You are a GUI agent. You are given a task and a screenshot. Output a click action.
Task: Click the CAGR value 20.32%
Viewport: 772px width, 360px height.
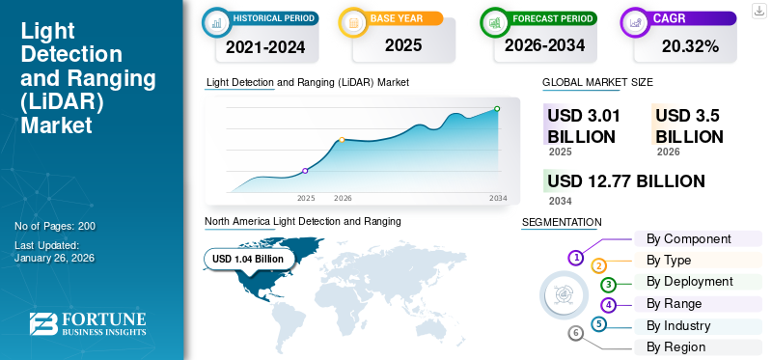691,45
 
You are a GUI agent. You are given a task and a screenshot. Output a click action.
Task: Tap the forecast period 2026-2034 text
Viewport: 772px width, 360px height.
544,45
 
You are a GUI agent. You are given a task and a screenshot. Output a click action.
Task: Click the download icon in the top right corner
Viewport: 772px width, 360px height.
758,11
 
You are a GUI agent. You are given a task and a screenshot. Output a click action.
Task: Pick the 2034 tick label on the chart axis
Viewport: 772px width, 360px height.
498,198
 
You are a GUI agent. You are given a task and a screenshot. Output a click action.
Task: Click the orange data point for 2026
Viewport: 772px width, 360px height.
342,140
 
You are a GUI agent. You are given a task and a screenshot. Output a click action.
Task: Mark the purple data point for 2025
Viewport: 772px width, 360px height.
305,171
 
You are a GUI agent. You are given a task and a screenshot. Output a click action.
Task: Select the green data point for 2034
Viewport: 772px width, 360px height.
497,109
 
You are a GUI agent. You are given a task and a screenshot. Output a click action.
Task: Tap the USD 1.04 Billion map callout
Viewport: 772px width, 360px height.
248,259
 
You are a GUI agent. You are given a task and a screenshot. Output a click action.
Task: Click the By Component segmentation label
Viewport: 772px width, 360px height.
688,238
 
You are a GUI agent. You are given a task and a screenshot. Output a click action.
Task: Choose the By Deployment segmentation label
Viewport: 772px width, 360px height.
689,281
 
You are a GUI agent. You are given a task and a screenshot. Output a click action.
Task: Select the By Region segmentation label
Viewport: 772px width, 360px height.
675,346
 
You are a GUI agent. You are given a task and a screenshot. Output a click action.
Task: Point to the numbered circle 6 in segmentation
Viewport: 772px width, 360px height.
576,333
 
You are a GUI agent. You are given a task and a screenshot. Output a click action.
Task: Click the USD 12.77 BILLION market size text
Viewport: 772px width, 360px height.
625,181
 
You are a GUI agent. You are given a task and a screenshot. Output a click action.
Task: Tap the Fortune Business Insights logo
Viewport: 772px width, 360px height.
88,324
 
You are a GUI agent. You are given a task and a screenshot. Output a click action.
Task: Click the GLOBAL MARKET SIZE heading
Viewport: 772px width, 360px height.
597,83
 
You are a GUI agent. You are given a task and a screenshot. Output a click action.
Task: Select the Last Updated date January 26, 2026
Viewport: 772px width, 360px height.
55,258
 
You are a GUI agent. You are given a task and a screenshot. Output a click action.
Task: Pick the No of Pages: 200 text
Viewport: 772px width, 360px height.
55,226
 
